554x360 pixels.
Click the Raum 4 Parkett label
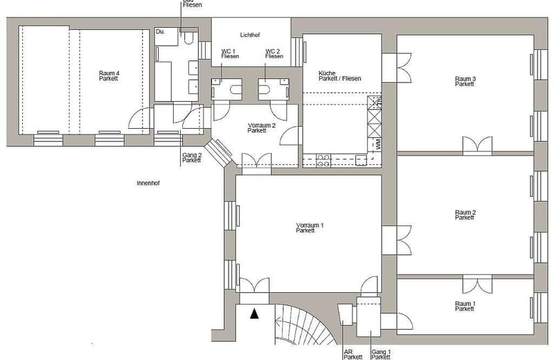109,75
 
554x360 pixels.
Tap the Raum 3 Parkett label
465,82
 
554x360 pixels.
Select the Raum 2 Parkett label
465,215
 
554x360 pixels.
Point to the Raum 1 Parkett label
465,306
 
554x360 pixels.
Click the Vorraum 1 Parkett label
305,228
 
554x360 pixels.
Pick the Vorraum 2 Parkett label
257,127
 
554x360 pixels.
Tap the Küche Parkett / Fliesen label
339,75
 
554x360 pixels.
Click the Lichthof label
250,35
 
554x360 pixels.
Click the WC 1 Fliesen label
230,53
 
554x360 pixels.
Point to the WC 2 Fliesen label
274,53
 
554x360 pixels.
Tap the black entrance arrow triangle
255,314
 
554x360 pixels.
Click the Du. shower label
160,32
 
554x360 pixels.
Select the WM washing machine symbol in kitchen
377,145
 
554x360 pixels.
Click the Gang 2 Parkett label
192,158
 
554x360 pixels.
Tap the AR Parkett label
352,354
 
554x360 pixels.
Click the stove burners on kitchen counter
323,161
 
